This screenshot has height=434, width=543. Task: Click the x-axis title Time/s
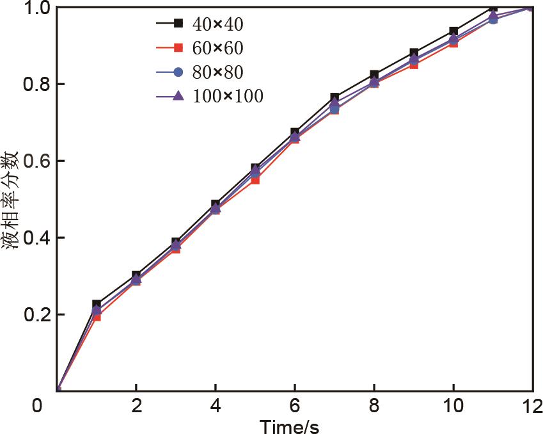click(x=290, y=425)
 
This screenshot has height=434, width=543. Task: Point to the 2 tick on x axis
click(x=136, y=406)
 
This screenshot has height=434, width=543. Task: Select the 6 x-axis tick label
click(x=295, y=406)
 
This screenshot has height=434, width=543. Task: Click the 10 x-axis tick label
click(x=453, y=406)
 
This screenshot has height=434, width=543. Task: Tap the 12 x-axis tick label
click(x=531, y=406)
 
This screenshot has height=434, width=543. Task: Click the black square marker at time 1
click(x=97, y=304)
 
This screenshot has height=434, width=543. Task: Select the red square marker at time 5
click(x=255, y=180)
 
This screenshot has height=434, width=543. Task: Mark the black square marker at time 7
click(x=334, y=97)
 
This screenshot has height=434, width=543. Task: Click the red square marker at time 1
click(x=97, y=316)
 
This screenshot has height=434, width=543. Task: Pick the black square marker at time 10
click(x=453, y=31)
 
